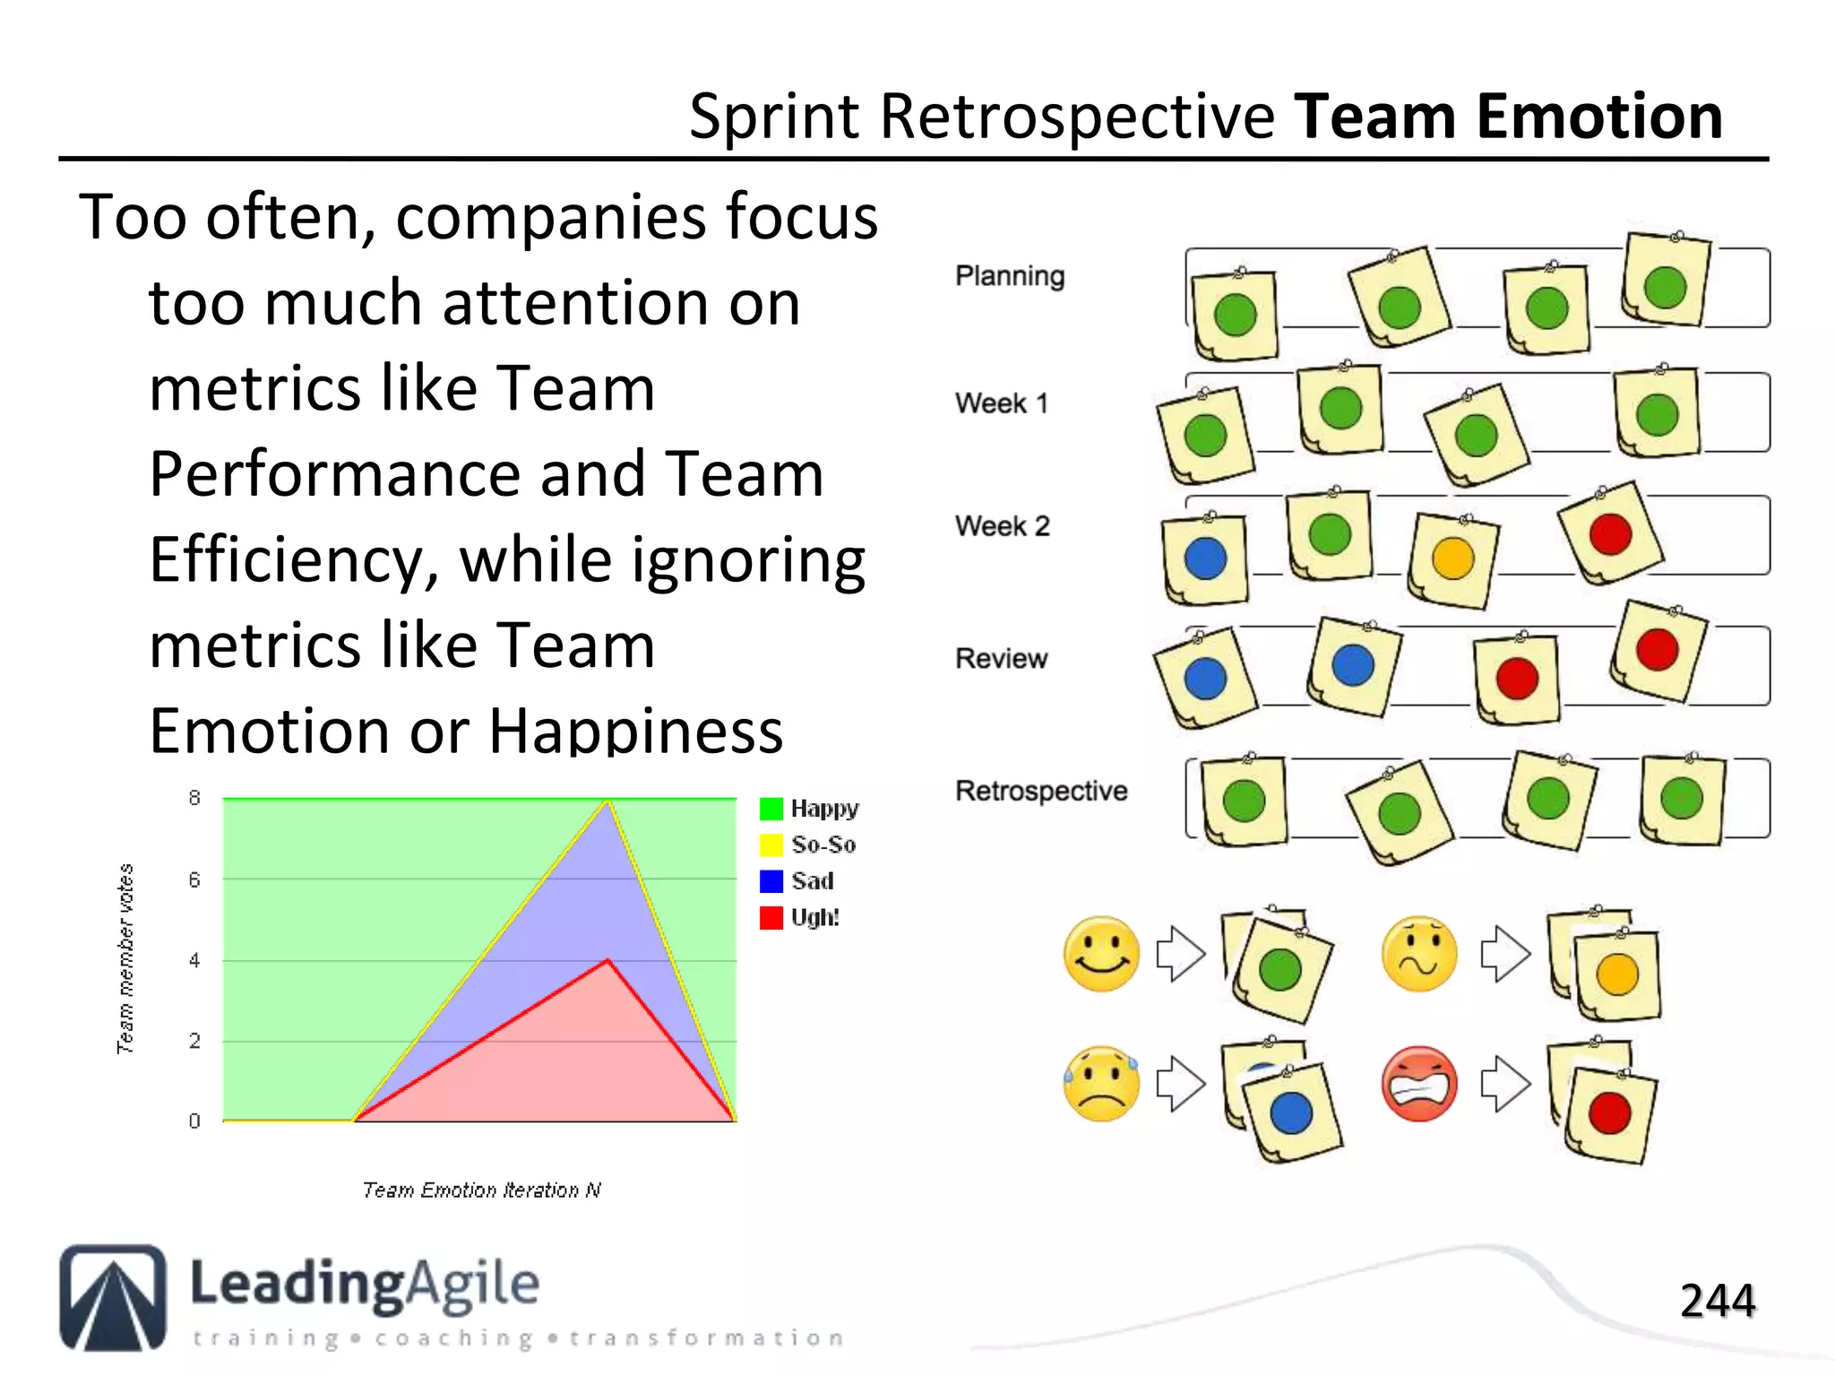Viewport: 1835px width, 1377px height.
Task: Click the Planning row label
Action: point(1010,276)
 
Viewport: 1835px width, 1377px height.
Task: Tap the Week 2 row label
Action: point(1002,525)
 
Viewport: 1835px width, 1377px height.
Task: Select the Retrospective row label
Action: point(1041,791)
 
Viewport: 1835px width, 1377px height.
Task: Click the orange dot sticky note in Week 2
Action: point(1452,559)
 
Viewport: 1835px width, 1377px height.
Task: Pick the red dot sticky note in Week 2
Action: point(1610,533)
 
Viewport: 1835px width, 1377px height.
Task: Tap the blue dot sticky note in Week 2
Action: point(1205,559)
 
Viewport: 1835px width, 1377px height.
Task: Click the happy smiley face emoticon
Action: point(1101,953)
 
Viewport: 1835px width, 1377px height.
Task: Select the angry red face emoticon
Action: point(1419,1084)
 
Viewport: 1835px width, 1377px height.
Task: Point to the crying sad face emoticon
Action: point(1101,1084)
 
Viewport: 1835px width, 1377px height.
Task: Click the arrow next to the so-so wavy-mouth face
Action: point(1505,953)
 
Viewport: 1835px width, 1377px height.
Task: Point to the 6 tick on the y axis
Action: point(194,879)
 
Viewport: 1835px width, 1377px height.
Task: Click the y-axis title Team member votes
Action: point(125,958)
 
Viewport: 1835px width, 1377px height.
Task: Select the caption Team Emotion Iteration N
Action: point(481,1190)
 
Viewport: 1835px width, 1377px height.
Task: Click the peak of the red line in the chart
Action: point(608,960)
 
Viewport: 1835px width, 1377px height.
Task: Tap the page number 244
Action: point(1717,1301)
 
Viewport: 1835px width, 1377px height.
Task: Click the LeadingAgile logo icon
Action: point(113,1297)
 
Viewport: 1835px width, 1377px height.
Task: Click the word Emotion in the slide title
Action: point(1599,117)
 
